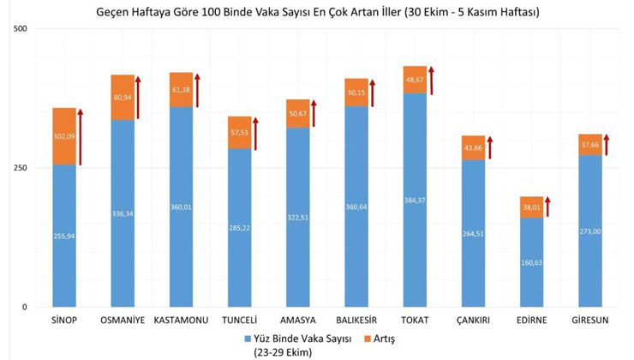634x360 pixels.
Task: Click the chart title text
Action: [317, 13]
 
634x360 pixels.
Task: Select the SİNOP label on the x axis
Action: [64, 322]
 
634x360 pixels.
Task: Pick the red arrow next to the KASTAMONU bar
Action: [197, 90]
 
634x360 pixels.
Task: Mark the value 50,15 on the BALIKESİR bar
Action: [356, 92]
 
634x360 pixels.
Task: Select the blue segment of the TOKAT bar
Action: [415, 206]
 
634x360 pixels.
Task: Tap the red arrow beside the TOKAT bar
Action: [431, 81]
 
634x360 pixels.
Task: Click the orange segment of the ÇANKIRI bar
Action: [473, 147]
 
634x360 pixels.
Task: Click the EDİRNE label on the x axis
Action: [531, 322]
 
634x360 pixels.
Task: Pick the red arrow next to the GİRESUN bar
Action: [606, 145]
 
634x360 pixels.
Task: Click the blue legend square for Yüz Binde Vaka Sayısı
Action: [247, 339]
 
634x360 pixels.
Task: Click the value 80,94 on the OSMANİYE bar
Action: [123, 97]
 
